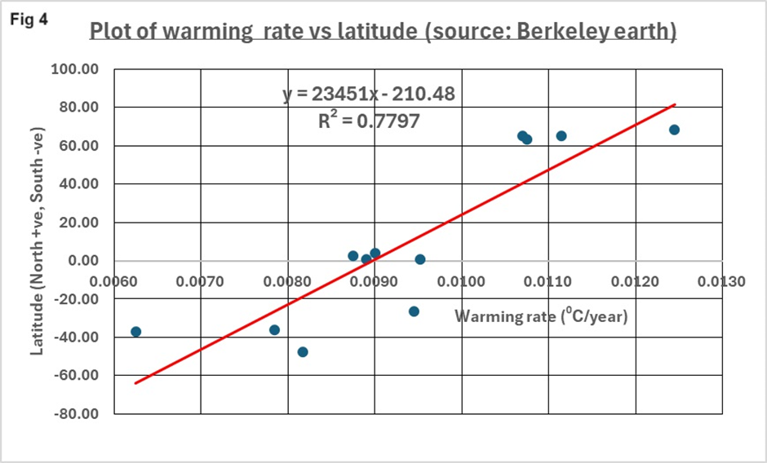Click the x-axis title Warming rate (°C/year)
pos(541,316)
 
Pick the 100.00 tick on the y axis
pos(74,70)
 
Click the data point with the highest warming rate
pos(674,130)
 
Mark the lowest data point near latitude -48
pos(303,352)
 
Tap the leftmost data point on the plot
pos(135,332)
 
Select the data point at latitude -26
pos(414,311)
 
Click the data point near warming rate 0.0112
pos(561,136)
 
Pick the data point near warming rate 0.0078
pos(275,330)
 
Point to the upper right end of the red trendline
pos(675,104)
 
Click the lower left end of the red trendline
pos(136,382)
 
